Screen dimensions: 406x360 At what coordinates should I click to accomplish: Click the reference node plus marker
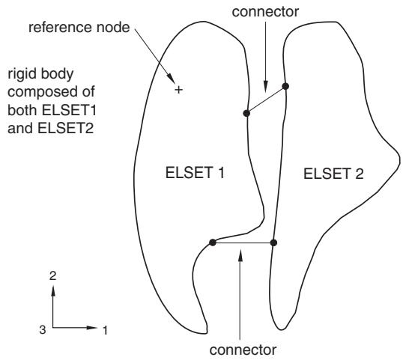pyautogui.click(x=179, y=90)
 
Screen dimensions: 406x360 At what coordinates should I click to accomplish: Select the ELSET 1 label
pyautogui.click(x=195, y=173)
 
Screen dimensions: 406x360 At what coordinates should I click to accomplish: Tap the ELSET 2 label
pyautogui.click(x=333, y=174)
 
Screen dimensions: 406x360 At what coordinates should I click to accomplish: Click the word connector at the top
pyautogui.click(x=265, y=12)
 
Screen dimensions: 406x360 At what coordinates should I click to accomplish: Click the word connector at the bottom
pyautogui.click(x=243, y=350)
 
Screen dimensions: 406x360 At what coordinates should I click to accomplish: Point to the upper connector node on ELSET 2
pyautogui.click(x=285, y=86)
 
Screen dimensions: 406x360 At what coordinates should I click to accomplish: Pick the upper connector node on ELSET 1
pyautogui.click(x=246, y=113)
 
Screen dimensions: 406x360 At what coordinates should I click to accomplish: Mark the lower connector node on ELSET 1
pyautogui.click(x=213, y=242)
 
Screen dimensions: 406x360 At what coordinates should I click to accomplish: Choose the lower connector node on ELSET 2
pyautogui.click(x=273, y=242)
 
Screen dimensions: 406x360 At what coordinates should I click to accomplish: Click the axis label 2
pyautogui.click(x=53, y=276)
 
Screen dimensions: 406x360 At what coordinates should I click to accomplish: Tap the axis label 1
pyautogui.click(x=105, y=330)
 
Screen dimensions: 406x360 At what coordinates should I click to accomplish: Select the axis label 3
pyautogui.click(x=43, y=330)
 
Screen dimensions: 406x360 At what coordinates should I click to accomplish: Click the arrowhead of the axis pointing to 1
pyautogui.click(x=91, y=328)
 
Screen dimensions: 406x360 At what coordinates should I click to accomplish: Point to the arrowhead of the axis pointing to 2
pyautogui.click(x=53, y=290)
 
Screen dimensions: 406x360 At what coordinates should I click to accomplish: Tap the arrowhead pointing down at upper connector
pyautogui.click(x=266, y=87)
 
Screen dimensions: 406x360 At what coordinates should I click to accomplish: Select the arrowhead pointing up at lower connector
pyautogui.click(x=240, y=254)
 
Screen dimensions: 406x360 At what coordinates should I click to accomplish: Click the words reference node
pyautogui.click(x=79, y=28)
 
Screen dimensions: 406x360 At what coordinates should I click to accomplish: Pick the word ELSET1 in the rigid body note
pyautogui.click(x=69, y=110)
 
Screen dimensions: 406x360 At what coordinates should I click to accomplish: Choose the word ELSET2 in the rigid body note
pyautogui.click(x=65, y=128)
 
